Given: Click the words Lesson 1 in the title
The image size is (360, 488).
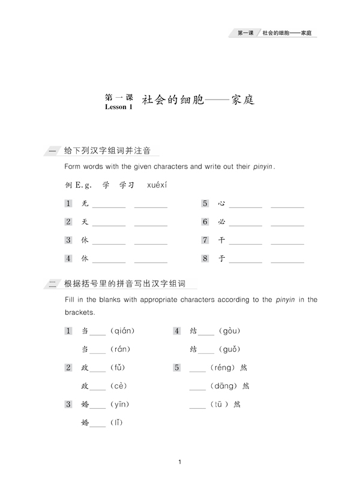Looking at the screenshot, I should tap(118, 107).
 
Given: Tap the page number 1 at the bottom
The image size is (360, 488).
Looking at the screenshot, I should tap(180, 462).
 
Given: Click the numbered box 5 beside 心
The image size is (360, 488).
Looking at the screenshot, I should tap(205, 204).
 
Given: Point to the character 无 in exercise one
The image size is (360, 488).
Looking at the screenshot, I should tap(85, 204).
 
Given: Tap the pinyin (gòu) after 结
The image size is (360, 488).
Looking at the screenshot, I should tap(230, 330).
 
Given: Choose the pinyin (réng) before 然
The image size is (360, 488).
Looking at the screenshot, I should tap(222, 367).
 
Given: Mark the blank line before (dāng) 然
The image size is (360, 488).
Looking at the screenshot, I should tap(197, 387).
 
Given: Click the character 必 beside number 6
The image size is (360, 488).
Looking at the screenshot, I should tap(221, 222).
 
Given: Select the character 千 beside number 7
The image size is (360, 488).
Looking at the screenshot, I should tap(221, 240).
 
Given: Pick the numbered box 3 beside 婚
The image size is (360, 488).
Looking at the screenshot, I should tap(68, 404).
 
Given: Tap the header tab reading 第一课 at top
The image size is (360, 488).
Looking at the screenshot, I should tap(244, 32).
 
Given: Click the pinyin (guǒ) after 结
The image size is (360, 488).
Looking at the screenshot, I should tap(230, 349).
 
